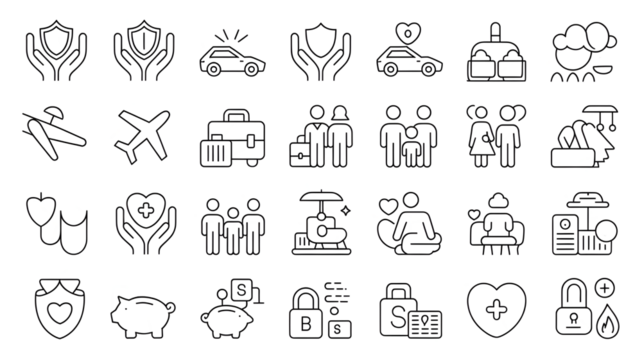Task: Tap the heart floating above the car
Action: tap(407, 28)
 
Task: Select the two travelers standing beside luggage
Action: tap(320, 135)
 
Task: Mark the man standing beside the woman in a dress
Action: tap(511, 135)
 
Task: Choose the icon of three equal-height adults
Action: tap(231, 224)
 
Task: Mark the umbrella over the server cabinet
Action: tap(582, 199)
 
